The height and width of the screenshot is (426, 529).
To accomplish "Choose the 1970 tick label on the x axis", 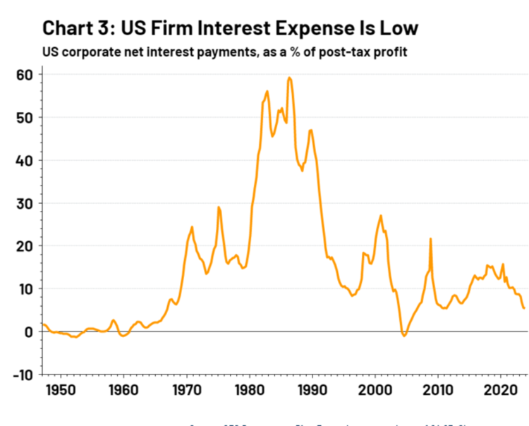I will [x=186, y=389].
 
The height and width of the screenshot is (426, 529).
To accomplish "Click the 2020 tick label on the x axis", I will [x=501, y=389].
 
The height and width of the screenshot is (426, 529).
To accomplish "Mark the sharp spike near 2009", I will [x=430, y=239].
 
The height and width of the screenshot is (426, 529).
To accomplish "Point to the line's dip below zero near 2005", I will [x=404, y=336].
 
